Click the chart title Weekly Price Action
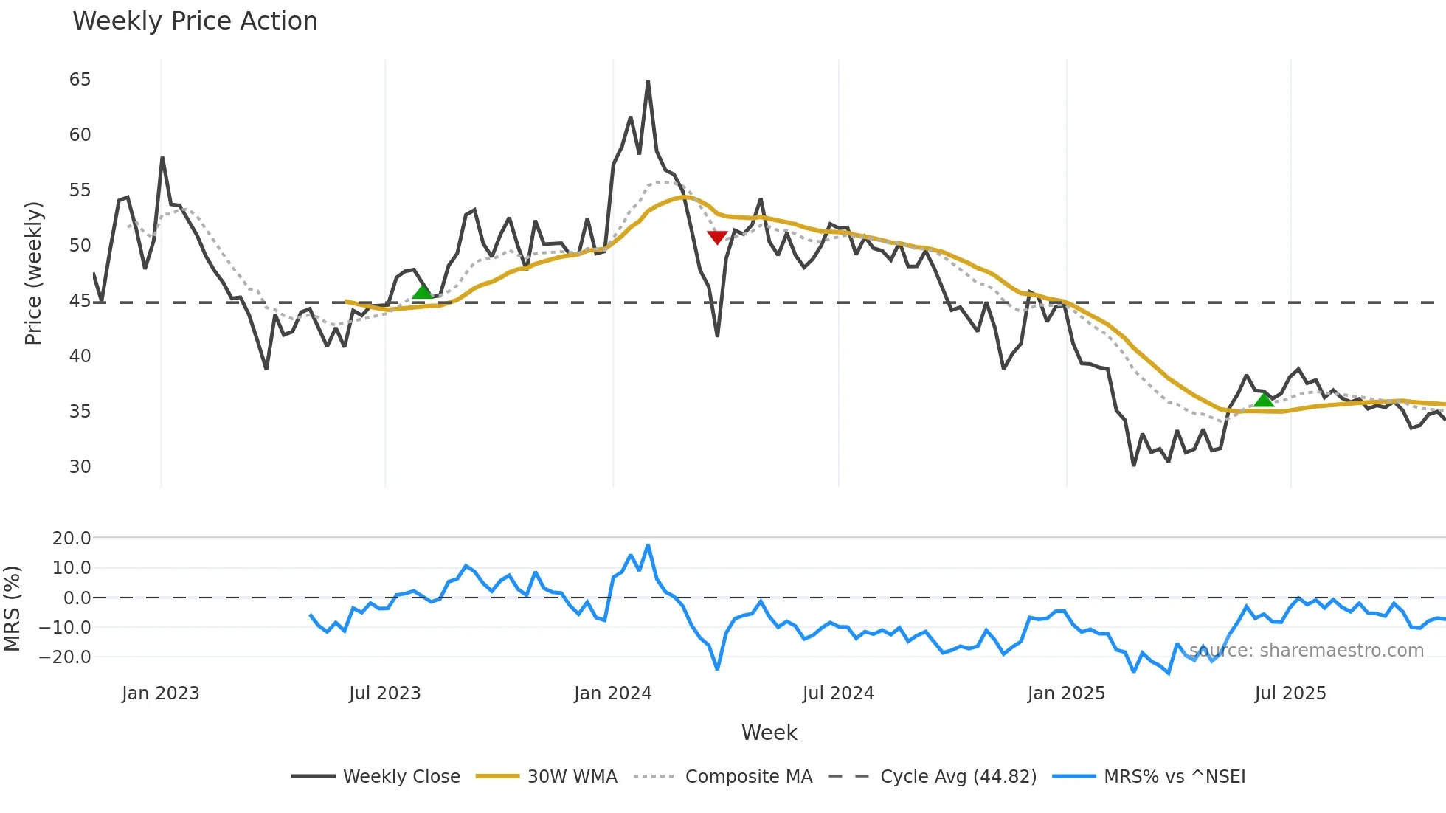point(195,21)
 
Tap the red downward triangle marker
point(717,237)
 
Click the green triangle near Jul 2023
point(423,292)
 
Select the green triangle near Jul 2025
point(1264,401)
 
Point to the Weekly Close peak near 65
point(648,82)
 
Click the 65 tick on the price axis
point(80,80)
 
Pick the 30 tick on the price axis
point(80,467)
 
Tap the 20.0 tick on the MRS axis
point(72,539)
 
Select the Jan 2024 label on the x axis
point(612,693)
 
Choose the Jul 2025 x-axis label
point(1290,693)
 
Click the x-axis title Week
point(769,733)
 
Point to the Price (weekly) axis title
point(34,273)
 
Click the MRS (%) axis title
point(13,609)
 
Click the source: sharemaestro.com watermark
point(1306,651)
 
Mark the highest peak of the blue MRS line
point(648,546)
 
